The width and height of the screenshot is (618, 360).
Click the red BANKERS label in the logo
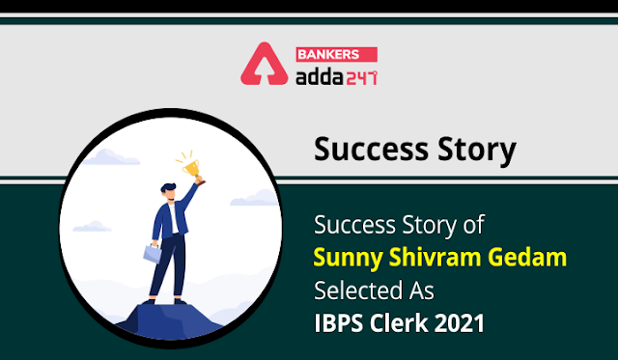click(x=337, y=54)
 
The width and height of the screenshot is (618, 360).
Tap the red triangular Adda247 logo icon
click(x=265, y=64)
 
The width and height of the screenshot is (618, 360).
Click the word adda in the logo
click(x=320, y=76)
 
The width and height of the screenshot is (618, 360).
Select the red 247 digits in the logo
click(x=362, y=77)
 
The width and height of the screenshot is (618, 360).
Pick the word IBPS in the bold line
click(x=338, y=323)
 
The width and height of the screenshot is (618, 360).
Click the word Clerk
click(x=399, y=323)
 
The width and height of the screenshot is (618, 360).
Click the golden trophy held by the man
click(x=192, y=169)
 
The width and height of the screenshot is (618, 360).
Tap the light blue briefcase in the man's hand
click(x=153, y=254)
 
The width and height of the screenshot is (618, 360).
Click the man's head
click(x=169, y=192)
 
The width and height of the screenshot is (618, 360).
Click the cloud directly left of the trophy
click(x=110, y=157)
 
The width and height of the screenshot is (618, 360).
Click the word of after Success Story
click(x=473, y=225)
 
